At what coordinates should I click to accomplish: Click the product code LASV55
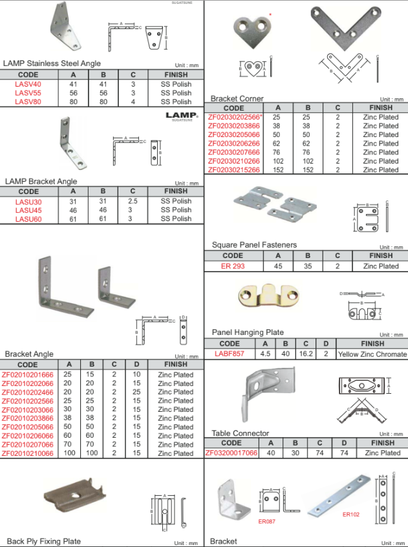(28, 93)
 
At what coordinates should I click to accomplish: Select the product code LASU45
(28, 210)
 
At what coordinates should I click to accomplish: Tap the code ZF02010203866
(28, 418)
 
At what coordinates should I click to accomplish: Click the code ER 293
(233, 266)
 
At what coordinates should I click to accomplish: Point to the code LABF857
(230, 354)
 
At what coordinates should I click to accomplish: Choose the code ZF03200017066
(231, 453)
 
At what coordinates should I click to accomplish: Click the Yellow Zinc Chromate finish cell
(372, 354)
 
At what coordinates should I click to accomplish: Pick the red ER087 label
(267, 522)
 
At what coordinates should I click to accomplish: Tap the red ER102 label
(351, 515)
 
